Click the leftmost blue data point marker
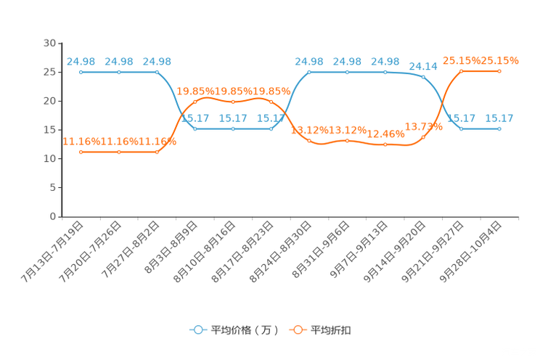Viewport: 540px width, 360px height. [x=81, y=72]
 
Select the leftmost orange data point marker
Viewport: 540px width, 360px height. [x=81, y=152]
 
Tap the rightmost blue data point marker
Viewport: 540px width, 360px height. [x=499, y=128]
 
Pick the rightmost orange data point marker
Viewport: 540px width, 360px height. [x=499, y=70]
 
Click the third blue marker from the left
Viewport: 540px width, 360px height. [x=157, y=72]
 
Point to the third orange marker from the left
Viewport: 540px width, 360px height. [x=157, y=152]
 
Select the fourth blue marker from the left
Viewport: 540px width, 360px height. [x=195, y=128]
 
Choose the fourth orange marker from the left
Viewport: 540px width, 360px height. [x=195, y=102]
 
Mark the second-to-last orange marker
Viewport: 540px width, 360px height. [x=462, y=70]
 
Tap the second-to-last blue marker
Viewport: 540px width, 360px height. [x=462, y=128]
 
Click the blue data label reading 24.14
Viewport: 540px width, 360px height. [x=423, y=66]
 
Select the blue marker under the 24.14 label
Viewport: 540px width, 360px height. [x=423, y=75]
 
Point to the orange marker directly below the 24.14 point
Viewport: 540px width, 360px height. [x=423, y=136]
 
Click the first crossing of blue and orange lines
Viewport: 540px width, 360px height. [x=181, y=114]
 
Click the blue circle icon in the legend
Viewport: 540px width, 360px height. [x=197, y=330]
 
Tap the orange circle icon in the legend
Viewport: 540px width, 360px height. [x=298, y=330]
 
